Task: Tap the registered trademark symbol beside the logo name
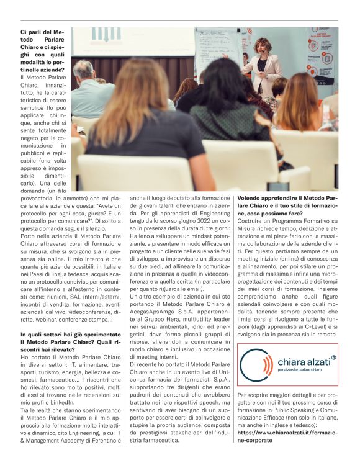(x=333, y=357)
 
